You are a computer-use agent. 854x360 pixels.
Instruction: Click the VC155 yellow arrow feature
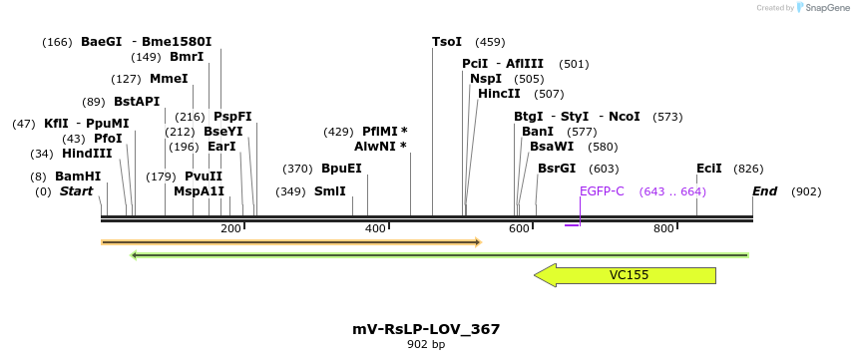point(629,275)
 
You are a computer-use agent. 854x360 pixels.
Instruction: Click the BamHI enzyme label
point(78,177)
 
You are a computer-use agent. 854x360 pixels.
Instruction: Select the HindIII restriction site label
point(87,154)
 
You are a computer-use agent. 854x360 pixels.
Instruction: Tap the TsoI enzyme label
point(447,42)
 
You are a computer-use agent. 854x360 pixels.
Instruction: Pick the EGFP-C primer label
point(602,191)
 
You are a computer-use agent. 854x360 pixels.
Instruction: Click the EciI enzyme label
point(709,169)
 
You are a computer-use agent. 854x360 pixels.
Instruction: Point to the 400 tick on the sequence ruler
point(375,229)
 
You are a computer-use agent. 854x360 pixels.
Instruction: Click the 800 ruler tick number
point(663,229)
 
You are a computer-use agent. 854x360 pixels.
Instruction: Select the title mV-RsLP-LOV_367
point(426,329)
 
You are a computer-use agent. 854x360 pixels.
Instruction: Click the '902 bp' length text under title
point(426,345)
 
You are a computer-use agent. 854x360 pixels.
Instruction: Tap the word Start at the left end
point(76,191)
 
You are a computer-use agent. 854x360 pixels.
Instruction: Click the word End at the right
point(765,191)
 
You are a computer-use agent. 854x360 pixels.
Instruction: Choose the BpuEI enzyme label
point(341,169)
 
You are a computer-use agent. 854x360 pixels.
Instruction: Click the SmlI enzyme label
point(330,191)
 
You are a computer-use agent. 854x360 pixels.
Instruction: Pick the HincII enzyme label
point(499,94)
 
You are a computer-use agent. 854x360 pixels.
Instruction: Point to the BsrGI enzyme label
point(557,169)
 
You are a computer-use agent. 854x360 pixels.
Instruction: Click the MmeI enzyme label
point(169,79)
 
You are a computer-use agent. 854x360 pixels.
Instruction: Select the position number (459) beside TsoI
point(490,42)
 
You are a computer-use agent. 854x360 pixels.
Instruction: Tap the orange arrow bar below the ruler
point(289,242)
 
